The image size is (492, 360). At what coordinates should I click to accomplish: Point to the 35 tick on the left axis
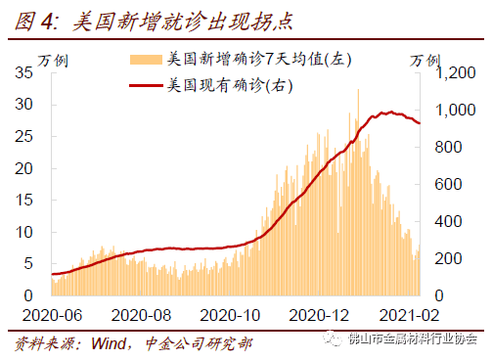(27, 72)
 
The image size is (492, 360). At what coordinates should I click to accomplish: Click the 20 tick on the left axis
(27, 168)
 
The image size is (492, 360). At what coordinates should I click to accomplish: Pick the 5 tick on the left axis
(31, 263)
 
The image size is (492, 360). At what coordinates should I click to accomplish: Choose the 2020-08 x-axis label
(141, 314)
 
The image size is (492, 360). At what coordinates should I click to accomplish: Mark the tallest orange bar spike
(358, 90)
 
